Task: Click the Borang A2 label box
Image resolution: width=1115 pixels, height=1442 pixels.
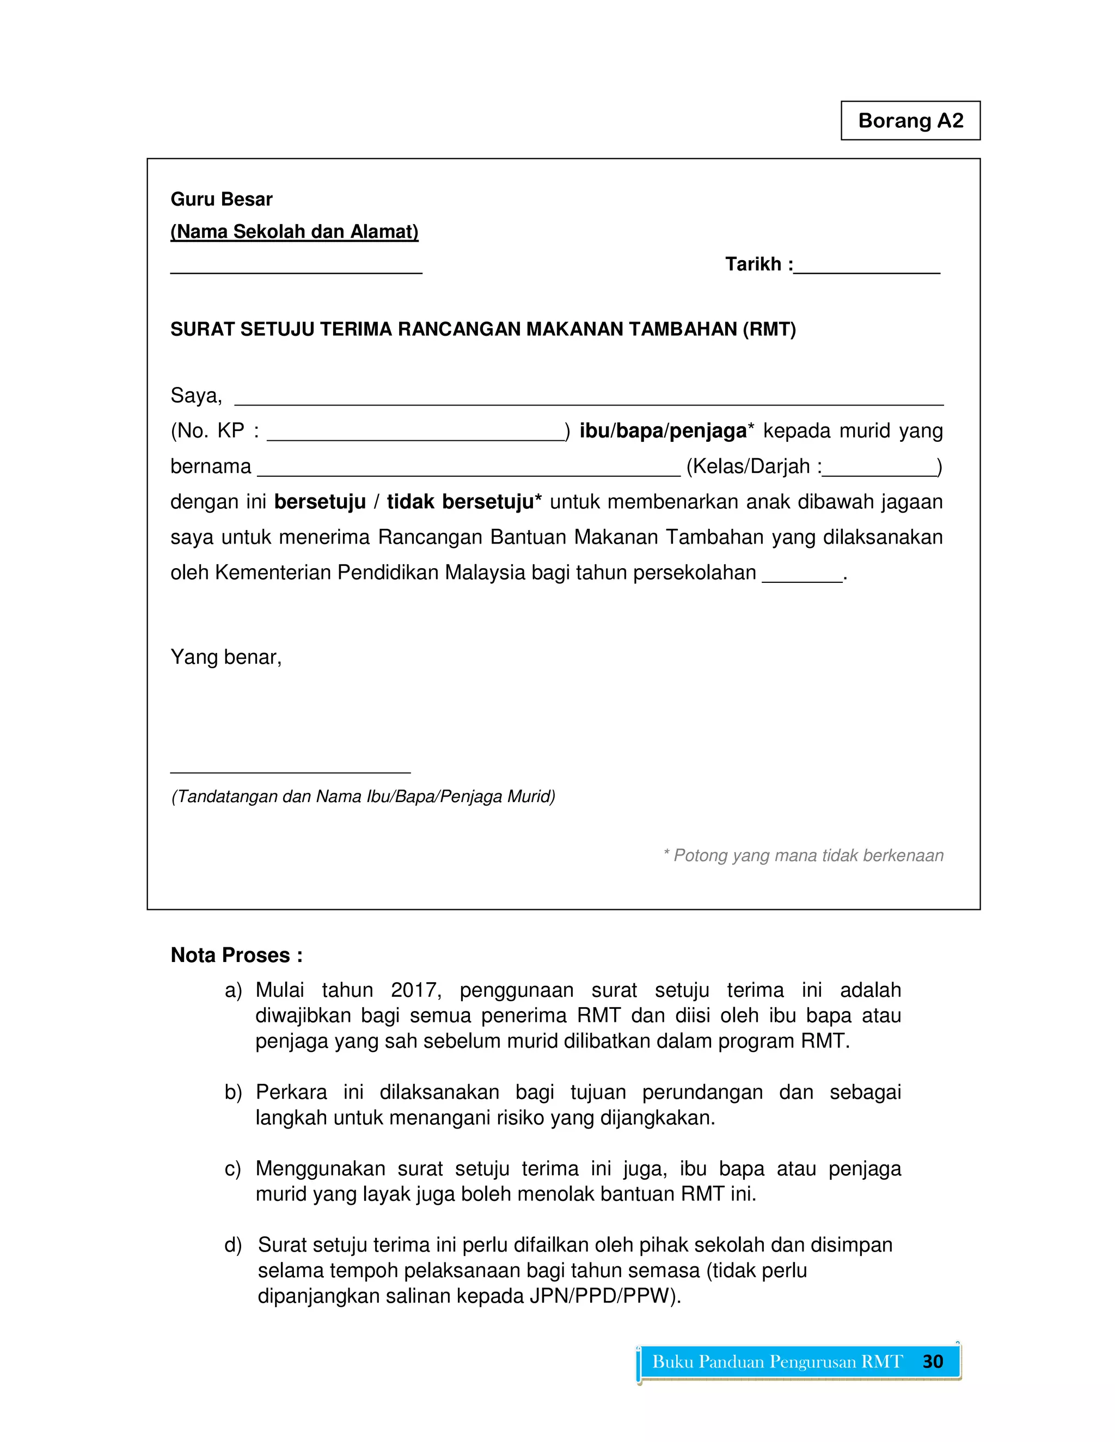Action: click(910, 121)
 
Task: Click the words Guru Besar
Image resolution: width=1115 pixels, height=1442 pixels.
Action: click(221, 199)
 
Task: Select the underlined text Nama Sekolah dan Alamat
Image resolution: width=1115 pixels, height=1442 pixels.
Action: click(295, 232)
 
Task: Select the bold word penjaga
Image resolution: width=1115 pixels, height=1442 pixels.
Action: click(707, 431)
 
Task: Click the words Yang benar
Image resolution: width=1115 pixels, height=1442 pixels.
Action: click(226, 657)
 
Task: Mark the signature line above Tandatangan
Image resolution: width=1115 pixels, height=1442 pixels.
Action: click(291, 771)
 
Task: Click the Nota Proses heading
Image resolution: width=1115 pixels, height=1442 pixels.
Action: click(236, 955)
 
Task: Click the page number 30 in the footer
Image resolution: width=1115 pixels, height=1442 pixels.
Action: click(932, 1361)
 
